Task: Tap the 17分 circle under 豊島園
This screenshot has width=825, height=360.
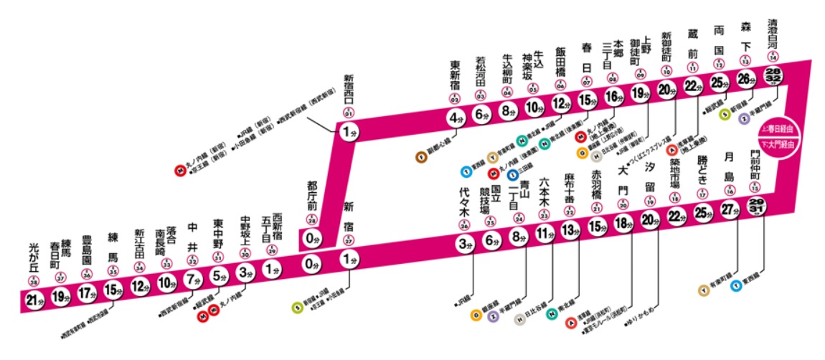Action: click(86, 293)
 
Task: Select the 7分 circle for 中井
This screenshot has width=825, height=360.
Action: click(191, 279)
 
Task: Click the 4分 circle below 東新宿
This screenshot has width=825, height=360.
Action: click(456, 118)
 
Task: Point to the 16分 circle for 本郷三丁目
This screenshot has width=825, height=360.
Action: click(613, 96)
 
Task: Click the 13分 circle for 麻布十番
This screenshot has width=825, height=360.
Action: click(569, 231)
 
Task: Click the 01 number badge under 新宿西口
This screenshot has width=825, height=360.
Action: click(349, 113)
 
